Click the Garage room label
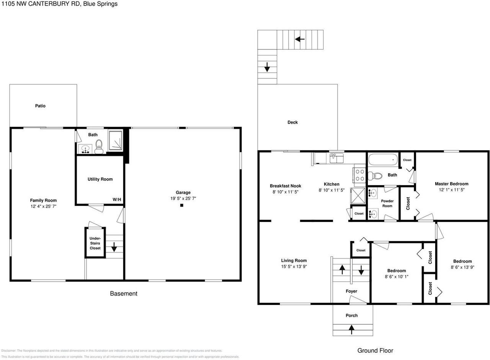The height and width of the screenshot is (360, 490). pyautogui.click(x=183, y=192)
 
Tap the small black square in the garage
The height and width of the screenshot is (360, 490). pyautogui.click(x=182, y=205)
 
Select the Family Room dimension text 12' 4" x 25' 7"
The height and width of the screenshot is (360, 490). pyautogui.click(x=43, y=207)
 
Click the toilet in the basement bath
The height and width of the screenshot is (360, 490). pyautogui.click(x=99, y=146)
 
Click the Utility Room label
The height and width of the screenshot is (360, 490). pyautogui.click(x=100, y=179)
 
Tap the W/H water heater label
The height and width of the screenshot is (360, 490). pyautogui.click(x=117, y=199)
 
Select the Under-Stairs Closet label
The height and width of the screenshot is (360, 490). pyautogui.click(x=95, y=243)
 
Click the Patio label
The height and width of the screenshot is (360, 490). pyautogui.click(x=40, y=106)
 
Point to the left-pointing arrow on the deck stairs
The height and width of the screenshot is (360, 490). pyautogui.click(x=300, y=39)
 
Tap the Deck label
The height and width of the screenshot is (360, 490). pyautogui.click(x=292, y=122)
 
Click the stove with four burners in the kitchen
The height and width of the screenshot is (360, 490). pyautogui.click(x=360, y=175)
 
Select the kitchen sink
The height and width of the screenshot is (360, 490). pyautogui.click(x=336, y=157)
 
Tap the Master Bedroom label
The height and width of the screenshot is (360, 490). pyautogui.click(x=451, y=184)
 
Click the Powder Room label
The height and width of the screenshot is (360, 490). pyautogui.click(x=387, y=203)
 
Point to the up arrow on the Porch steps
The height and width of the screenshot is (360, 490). pyautogui.click(x=351, y=328)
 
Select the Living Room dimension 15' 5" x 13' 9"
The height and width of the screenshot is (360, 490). pyautogui.click(x=294, y=267)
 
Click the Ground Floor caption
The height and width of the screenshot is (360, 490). pyautogui.click(x=375, y=350)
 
